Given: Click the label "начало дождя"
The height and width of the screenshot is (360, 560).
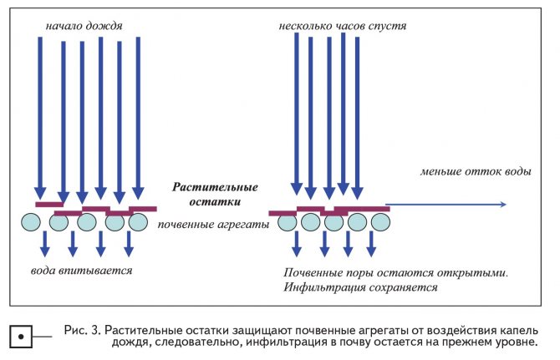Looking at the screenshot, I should (x=84, y=26).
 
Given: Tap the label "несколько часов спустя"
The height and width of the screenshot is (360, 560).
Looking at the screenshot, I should (x=344, y=26).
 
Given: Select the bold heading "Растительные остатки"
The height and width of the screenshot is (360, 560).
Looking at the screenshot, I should (x=215, y=195).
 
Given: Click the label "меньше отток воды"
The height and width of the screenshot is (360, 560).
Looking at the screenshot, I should (x=475, y=171).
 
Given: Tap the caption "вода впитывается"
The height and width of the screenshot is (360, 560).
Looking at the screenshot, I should (x=81, y=271).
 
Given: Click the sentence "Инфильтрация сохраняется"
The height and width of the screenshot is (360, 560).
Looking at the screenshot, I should (x=360, y=287).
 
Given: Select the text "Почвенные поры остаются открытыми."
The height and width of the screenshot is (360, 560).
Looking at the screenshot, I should (x=395, y=273).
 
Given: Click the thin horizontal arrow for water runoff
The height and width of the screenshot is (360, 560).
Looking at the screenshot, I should (x=447, y=205).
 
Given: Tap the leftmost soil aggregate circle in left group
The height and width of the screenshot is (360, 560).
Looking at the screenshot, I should (x=31, y=222).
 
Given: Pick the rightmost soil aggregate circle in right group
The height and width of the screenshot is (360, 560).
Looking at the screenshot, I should (x=380, y=222).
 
